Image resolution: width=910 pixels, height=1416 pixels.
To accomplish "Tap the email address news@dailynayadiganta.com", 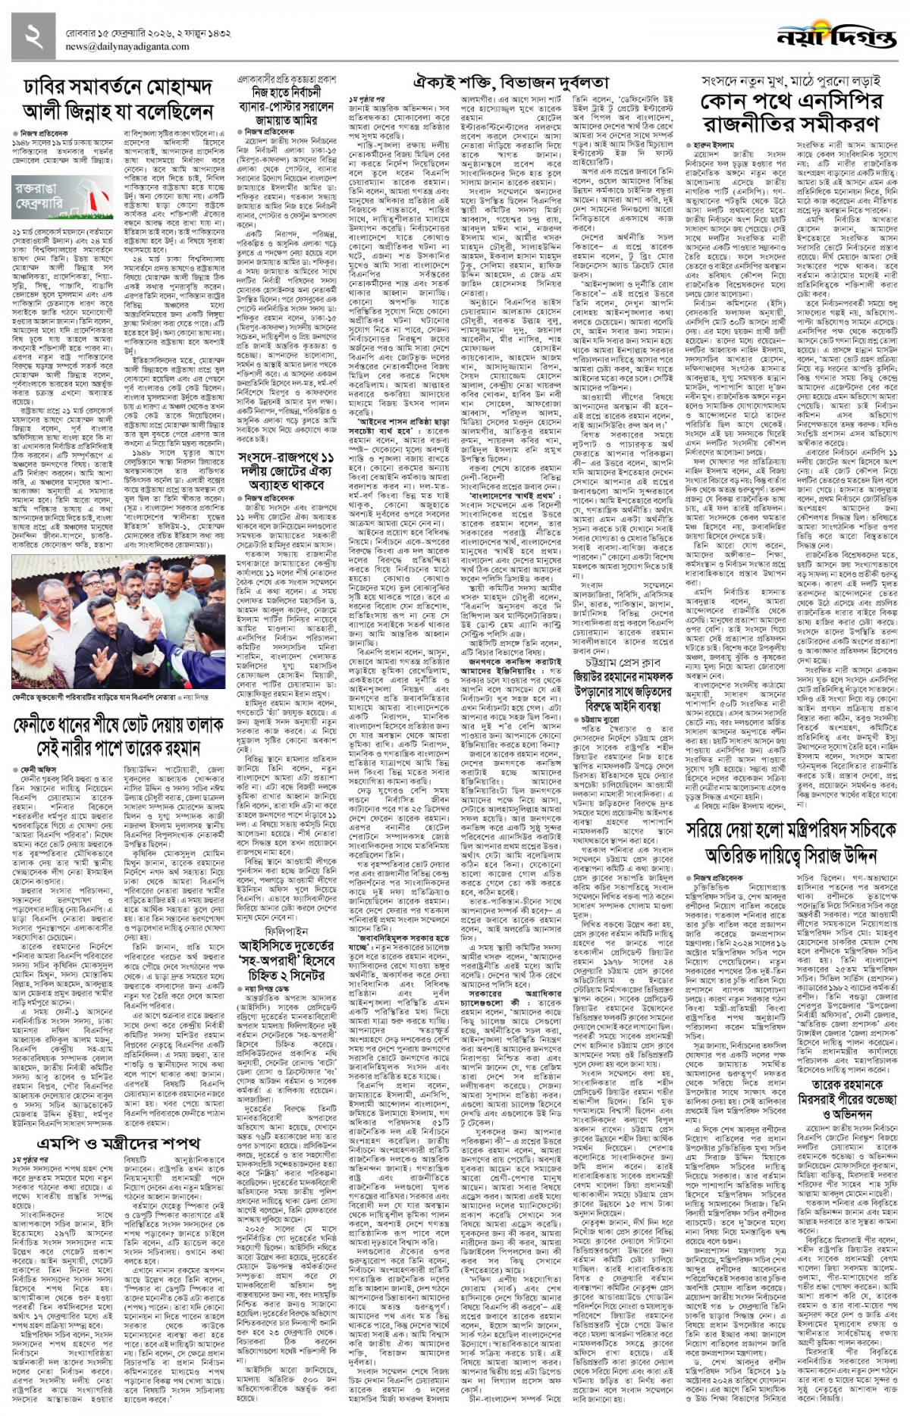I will [x=127, y=46].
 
